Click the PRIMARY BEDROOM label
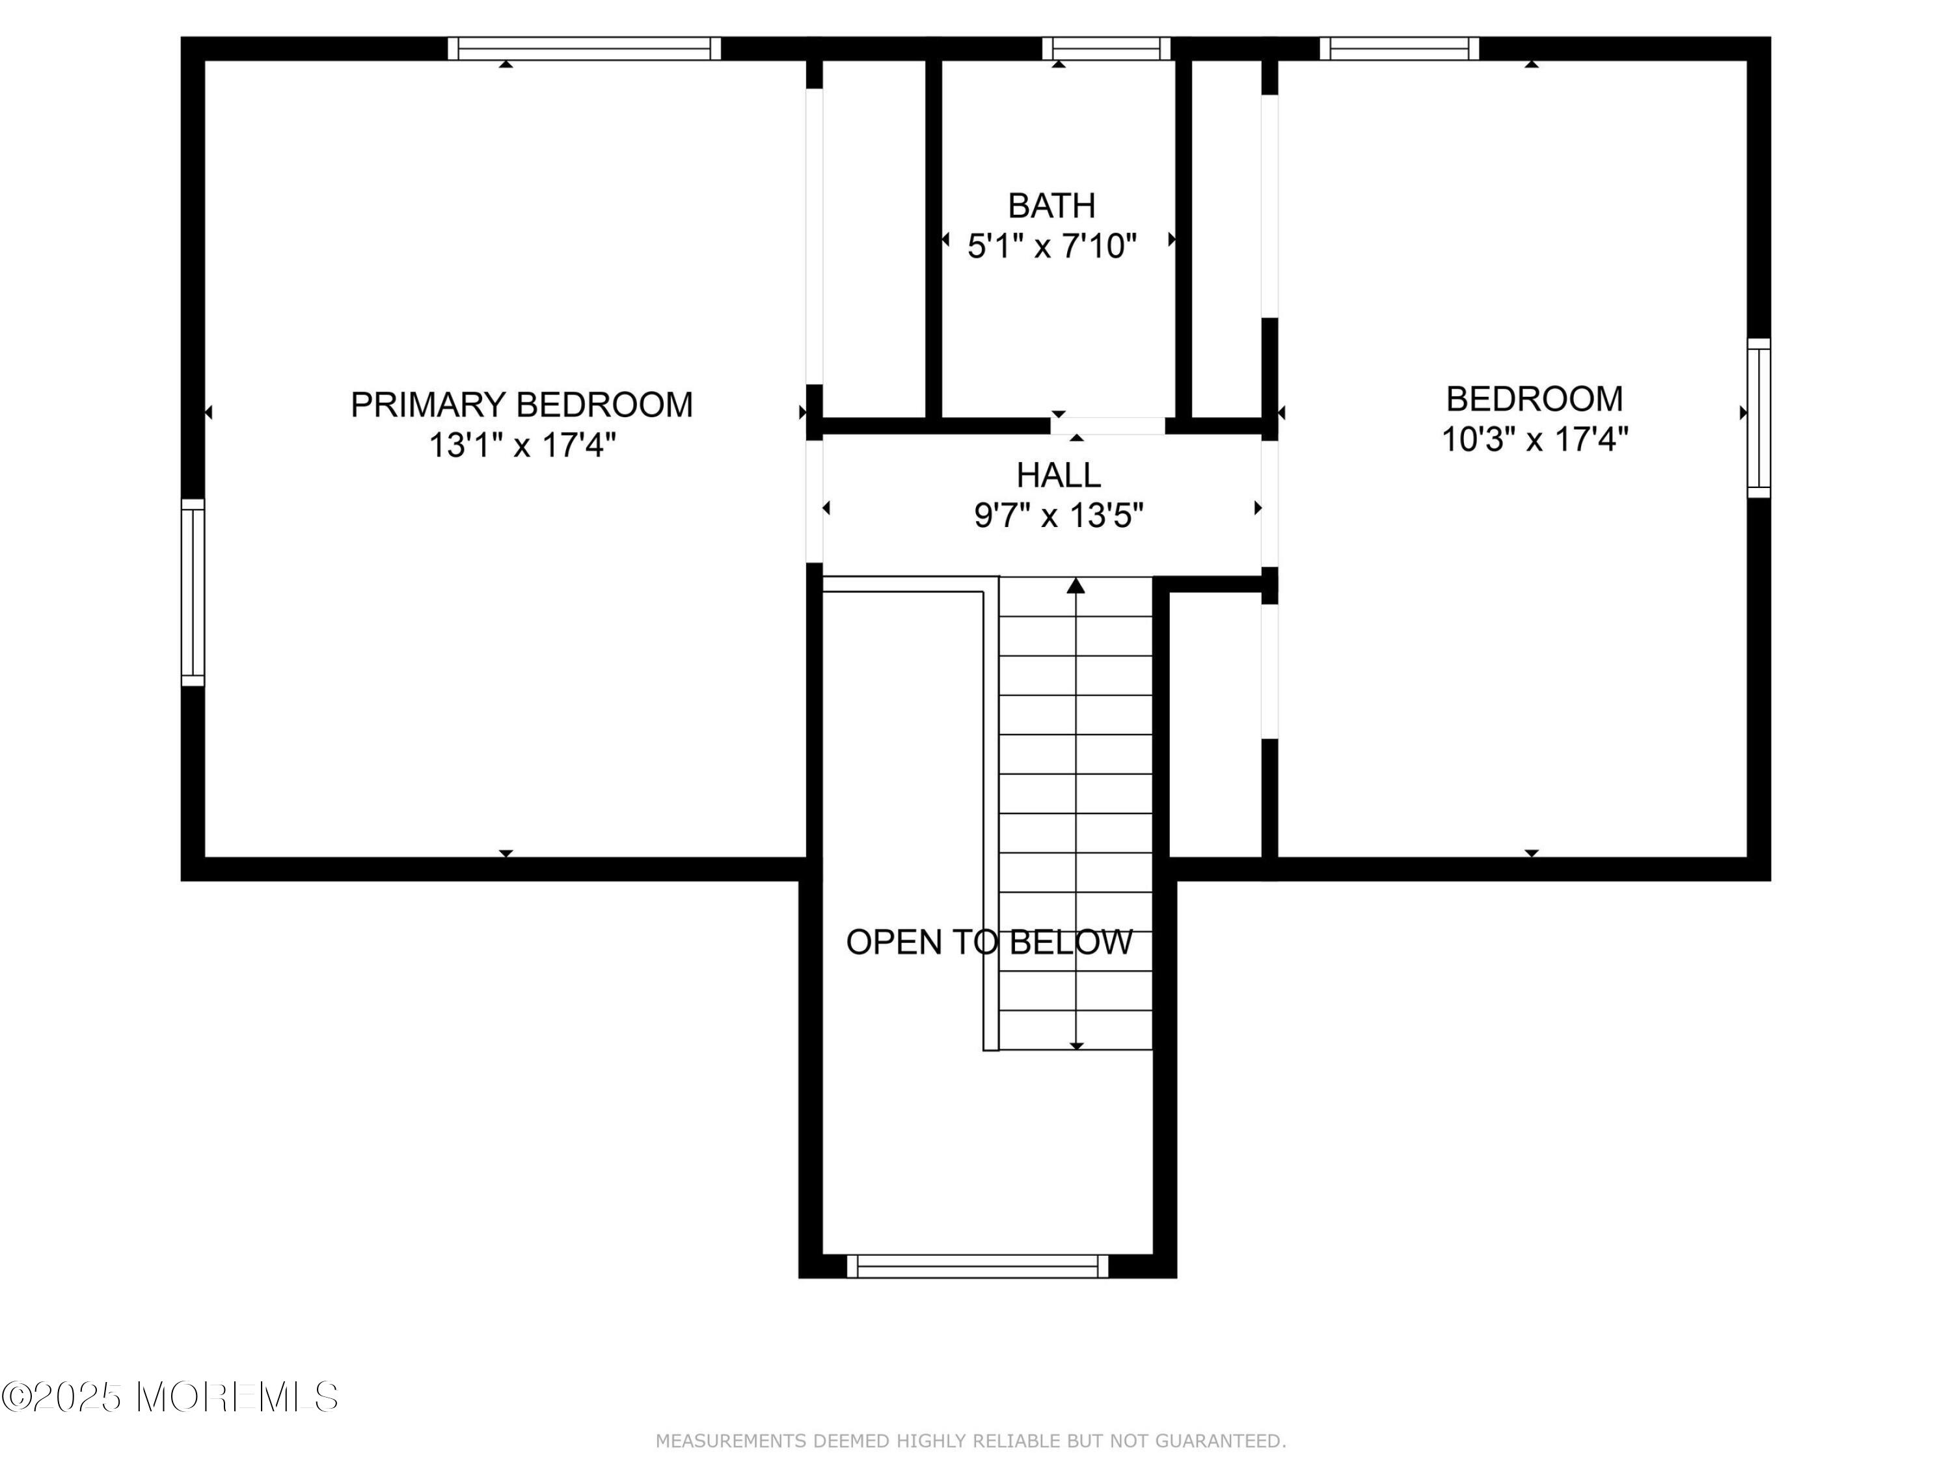click(x=522, y=405)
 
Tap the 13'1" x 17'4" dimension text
click(x=522, y=446)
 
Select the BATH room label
click(x=1052, y=206)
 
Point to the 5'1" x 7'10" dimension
click(x=1052, y=246)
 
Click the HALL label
click(x=1058, y=476)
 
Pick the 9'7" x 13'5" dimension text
click(x=1058, y=515)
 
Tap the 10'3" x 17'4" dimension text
click(x=1534, y=439)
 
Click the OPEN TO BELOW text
click(x=988, y=942)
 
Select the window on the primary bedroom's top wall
click(x=584, y=49)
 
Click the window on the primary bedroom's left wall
click(x=193, y=592)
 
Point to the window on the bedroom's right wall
click(x=1759, y=418)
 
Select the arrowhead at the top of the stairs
click(x=1076, y=586)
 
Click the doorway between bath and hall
click(x=1107, y=426)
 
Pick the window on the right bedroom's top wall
click(x=1400, y=49)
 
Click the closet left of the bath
click(x=874, y=238)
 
